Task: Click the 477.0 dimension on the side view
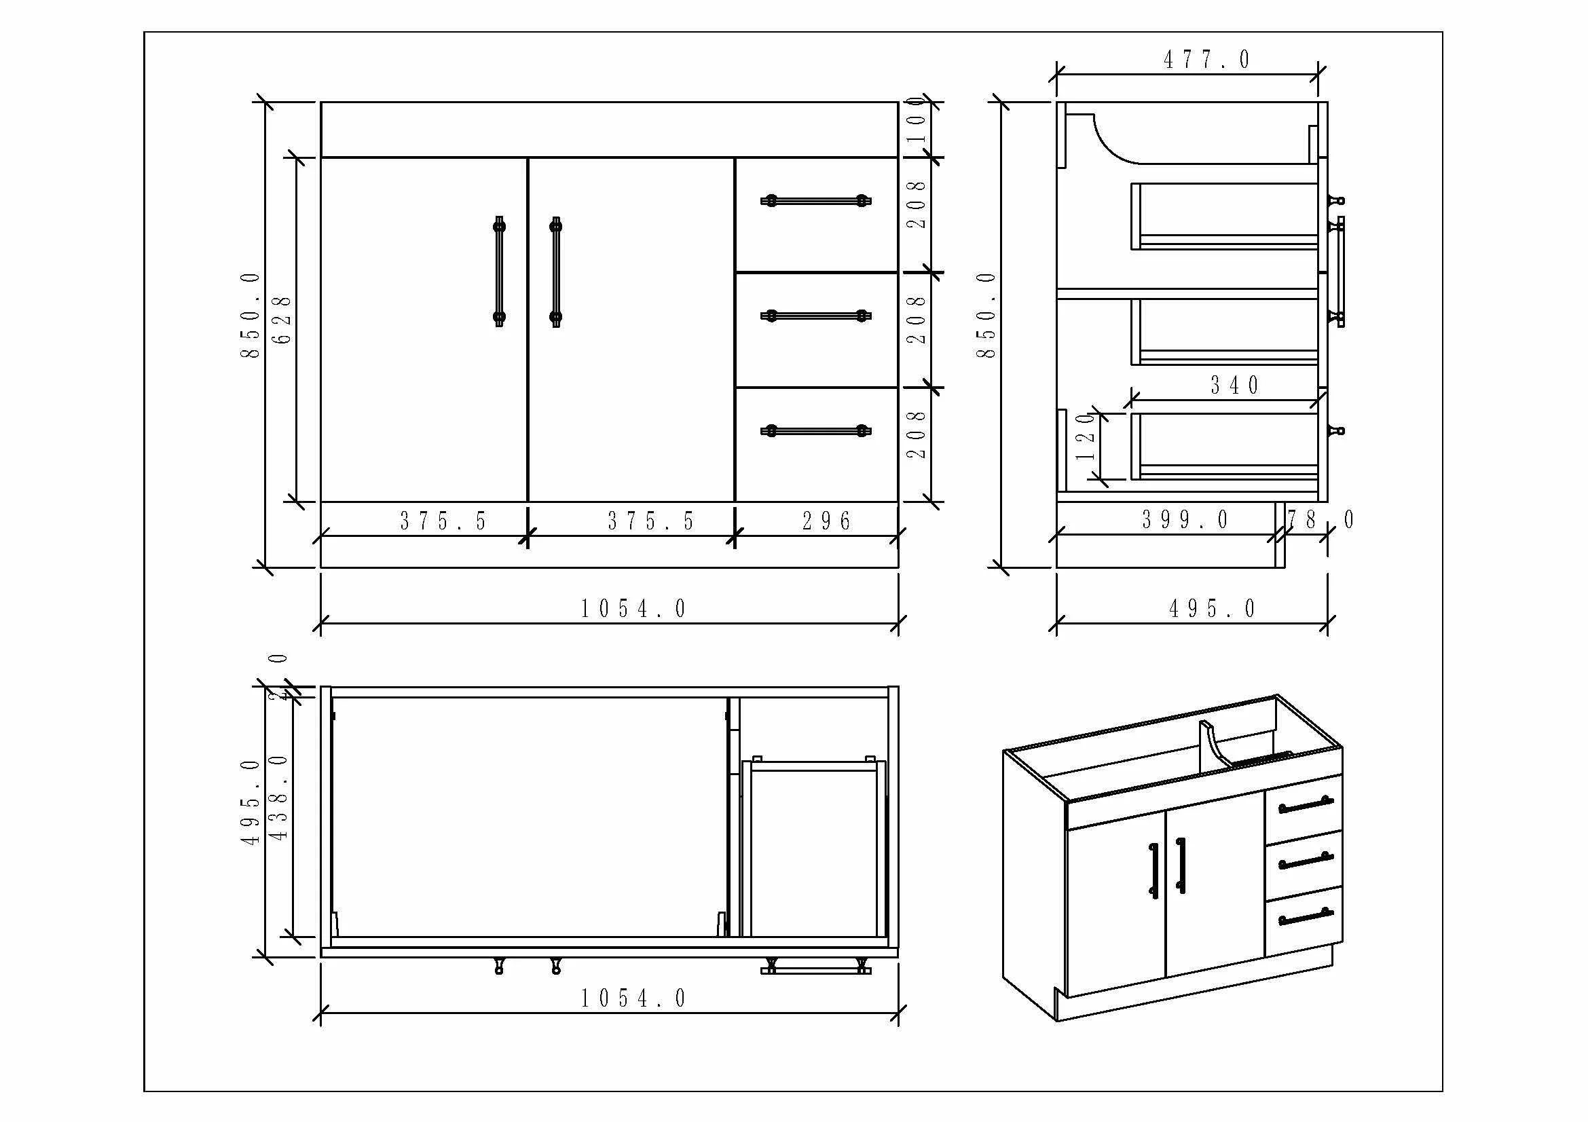point(1206,60)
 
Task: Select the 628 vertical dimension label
point(282,320)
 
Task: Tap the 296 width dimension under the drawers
point(826,521)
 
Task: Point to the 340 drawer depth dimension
point(1234,385)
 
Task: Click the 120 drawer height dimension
point(1085,437)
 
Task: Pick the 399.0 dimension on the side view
point(1185,519)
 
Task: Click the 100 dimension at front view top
point(917,119)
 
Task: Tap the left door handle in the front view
point(500,272)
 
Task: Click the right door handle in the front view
point(556,272)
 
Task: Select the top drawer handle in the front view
point(815,201)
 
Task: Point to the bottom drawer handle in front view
point(815,432)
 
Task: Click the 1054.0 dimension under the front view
point(633,609)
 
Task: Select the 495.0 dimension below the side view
point(1212,609)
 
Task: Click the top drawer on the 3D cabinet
point(1304,804)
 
